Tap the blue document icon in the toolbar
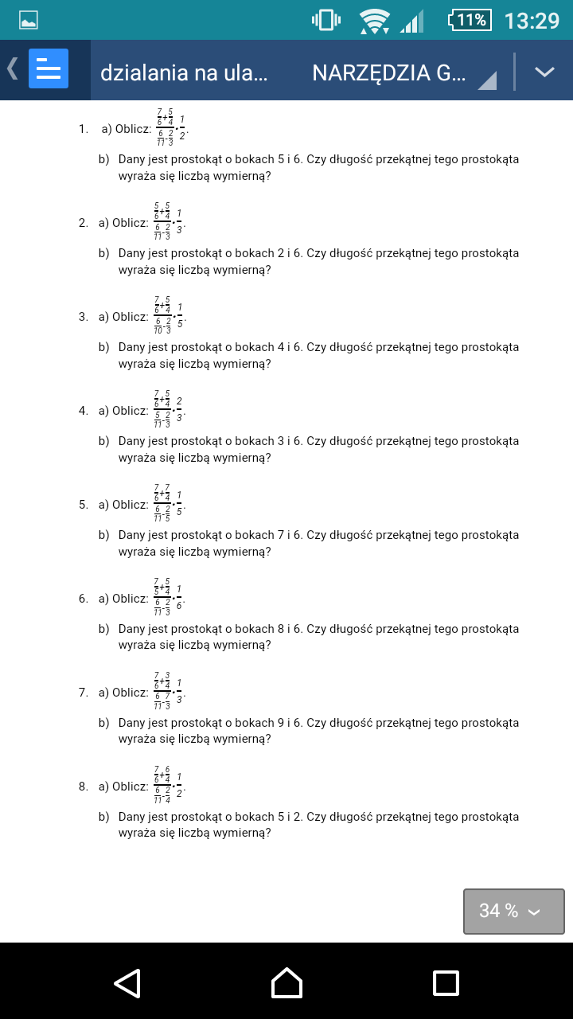click(x=49, y=69)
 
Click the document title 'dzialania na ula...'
click(x=184, y=72)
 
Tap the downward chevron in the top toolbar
click(x=544, y=72)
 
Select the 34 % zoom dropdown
click(x=513, y=911)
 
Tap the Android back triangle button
click(x=127, y=982)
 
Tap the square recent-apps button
click(x=446, y=982)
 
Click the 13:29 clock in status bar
click(x=532, y=21)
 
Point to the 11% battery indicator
click(x=470, y=20)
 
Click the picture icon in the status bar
click(x=29, y=21)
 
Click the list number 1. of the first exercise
click(x=83, y=129)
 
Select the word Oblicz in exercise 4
click(x=131, y=411)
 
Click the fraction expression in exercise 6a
click(x=170, y=599)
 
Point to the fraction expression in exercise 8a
click(x=170, y=787)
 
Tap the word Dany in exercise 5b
click(x=131, y=535)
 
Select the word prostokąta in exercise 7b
click(x=491, y=723)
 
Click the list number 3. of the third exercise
click(x=83, y=317)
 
